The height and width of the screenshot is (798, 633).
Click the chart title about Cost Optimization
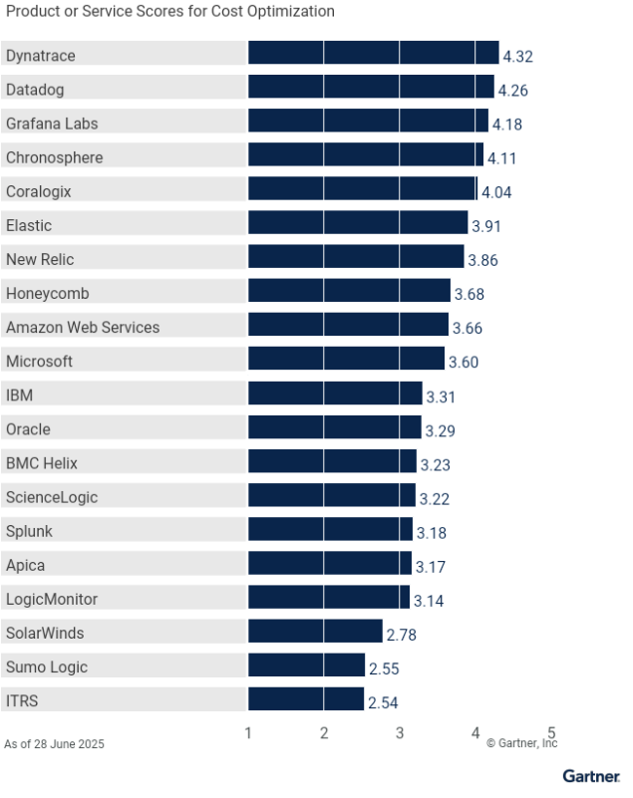pyautogui.click(x=170, y=11)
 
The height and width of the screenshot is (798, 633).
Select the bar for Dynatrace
pyautogui.click(x=373, y=55)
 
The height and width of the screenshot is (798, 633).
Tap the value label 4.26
pyautogui.click(x=512, y=91)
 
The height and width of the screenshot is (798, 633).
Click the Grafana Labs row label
pyautogui.click(x=52, y=124)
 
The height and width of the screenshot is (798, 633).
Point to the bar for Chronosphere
pyautogui.click(x=365, y=156)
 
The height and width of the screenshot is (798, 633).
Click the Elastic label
pyautogui.click(x=29, y=226)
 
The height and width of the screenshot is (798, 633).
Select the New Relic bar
pyautogui.click(x=356, y=259)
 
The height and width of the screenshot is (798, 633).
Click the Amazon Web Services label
pyautogui.click(x=83, y=327)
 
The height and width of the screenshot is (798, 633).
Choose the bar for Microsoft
pyautogui.click(x=346, y=360)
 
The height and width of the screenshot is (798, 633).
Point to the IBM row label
pyautogui.click(x=19, y=396)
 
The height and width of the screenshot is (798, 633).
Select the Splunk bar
pyautogui.click(x=330, y=529)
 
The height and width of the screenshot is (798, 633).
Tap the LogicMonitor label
pyautogui.click(x=52, y=599)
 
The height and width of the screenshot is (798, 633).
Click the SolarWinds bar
pyautogui.click(x=315, y=632)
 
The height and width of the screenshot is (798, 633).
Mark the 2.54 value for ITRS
pyautogui.click(x=384, y=702)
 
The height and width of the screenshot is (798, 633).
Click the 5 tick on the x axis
pyautogui.click(x=550, y=733)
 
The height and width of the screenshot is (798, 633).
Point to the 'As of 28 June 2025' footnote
pyautogui.click(x=54, y=744)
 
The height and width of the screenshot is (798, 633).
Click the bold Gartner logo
pyautogui.click(x=591, y=776)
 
